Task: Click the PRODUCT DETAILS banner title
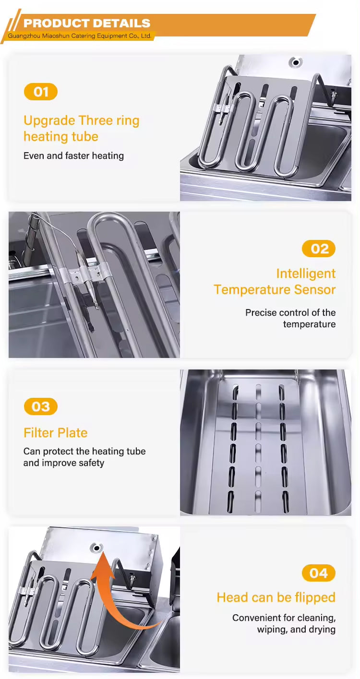click(x=87, y=23)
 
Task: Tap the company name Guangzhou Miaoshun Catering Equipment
click(x=80, y=36)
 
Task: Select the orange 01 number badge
click(x=41, y=92)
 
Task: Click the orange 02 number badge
click(x=319, y=249)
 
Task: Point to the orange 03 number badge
click(x=41, y=407)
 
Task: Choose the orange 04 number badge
click(x=319, y=573)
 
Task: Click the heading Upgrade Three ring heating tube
click(x=81, y=128)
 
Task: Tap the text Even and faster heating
click(x=73, y=155)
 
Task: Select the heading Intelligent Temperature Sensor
click(x=275, y=281)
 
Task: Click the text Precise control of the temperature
click(x=290, y=318)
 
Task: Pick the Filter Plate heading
click(x=56, y=433)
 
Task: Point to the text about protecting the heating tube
click(x=84, y=457)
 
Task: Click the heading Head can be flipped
click(x=276, y=597)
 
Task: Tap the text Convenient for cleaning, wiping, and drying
click(x=284, y=623)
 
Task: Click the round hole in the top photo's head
click(x=296, y=62)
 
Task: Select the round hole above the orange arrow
click(x=97, y=548)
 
